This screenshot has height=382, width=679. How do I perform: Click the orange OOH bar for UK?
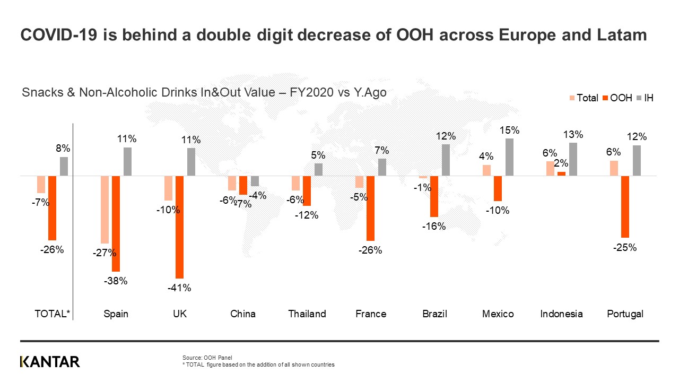click(179, 227)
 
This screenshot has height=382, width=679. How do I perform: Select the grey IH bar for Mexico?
click(510, 157)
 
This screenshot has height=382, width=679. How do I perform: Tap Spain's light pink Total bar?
click(105, 210)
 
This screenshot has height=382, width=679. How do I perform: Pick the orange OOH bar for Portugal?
click(625, 206)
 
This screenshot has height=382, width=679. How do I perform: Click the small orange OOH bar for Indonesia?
click(561, 173)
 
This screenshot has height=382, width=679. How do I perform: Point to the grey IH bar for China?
click(255, 181)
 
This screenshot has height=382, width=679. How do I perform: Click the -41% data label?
click(179, 288)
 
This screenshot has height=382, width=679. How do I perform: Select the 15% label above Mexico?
click(510, 131)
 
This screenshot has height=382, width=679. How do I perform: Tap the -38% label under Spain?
click(116, 281)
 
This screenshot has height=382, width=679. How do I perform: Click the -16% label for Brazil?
click(434, 226)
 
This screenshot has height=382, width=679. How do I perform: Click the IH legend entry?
click(645, 98)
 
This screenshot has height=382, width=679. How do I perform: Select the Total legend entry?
click(584, 98)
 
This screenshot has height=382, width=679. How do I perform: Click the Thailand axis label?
click(307, 314)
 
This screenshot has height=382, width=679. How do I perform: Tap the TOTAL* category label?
click(52, 314)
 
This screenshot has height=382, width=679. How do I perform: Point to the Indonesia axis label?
click(561, 314)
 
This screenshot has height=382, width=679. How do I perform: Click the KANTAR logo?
click(50, 362)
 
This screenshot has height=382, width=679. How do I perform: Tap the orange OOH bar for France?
click(370, 208)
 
